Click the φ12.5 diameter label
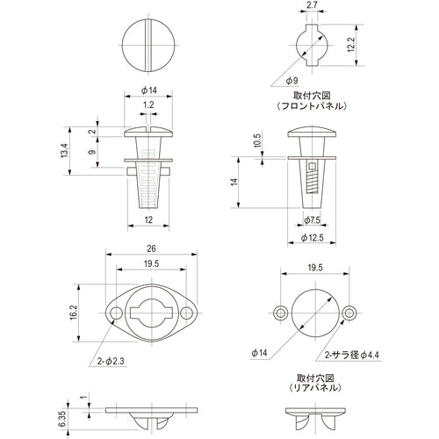pos(313,238)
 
